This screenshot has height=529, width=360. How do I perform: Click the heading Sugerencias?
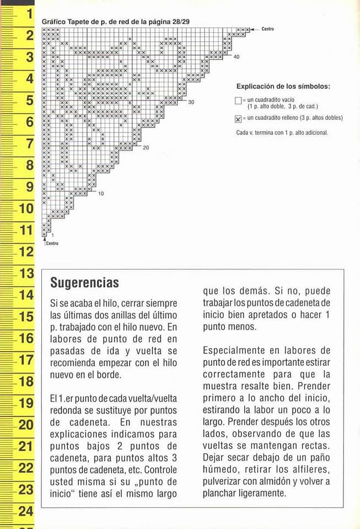[x=84, y=283]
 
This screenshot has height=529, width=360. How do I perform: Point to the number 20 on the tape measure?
[x=26, y=425]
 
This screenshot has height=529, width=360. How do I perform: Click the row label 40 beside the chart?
[x=237, y=57]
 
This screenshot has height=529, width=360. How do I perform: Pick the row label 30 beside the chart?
[x=191, y=102]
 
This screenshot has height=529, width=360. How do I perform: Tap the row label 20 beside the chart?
[x=146, y=148]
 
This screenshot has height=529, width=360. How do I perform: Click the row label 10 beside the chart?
[x=101, y=193]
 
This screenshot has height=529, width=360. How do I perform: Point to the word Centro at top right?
[x=267, y=29]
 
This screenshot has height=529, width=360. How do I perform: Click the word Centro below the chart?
[x=52, y=243]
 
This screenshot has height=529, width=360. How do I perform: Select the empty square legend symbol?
[x=238, y=101]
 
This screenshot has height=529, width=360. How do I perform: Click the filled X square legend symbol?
[x=238, y=118]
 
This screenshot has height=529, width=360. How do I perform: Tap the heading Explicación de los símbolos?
[x=283, y=87]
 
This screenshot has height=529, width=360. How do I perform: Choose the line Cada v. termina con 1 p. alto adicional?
[x=282, y=132]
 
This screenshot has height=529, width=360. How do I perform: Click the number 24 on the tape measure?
[x=26, y=511]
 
